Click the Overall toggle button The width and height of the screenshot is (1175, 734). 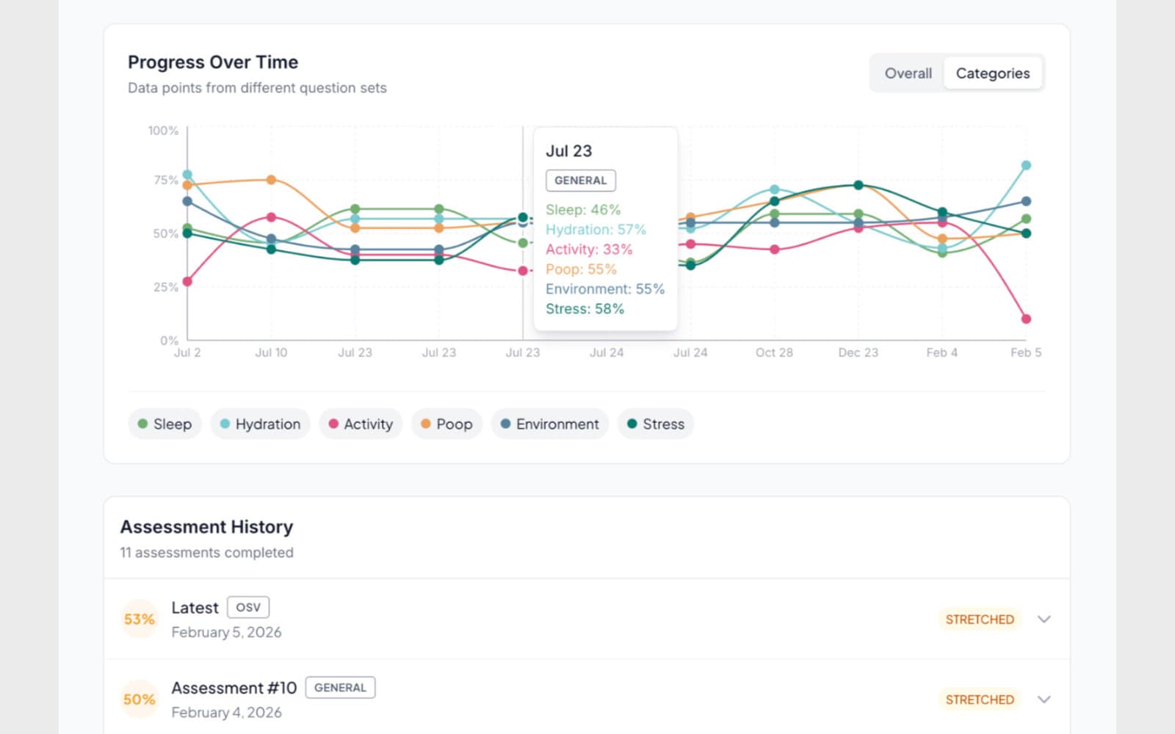[x=908, y=73]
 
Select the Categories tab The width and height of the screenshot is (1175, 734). [x=992, y=73]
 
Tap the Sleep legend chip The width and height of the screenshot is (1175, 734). [x=164, y=424]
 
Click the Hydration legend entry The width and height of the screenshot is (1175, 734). [x=260, y=424]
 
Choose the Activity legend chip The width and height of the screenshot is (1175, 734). [x=361, y=424]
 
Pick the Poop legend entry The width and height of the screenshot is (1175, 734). [x=446, y=424]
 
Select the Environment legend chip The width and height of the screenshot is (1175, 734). [x=549, y=424]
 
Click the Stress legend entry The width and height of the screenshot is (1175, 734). [x=655, y=424]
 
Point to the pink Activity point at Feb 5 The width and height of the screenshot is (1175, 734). [x=1026, y=319]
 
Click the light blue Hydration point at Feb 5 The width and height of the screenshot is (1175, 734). [x=1026, y=166]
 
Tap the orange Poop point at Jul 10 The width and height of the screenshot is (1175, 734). [x=271, y=180]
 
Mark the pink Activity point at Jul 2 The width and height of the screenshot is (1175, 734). [x=187, y=282]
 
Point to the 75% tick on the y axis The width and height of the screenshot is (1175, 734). [x=166, y=180]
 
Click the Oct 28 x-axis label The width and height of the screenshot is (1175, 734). [x=774, y=353]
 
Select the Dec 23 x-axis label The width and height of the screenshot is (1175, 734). [x=858, y=353]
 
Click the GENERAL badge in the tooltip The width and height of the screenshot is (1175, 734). [x=580, y=181]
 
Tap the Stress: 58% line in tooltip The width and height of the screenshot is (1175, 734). [x=585, y=309]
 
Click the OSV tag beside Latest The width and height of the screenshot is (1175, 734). [x=248, y=608]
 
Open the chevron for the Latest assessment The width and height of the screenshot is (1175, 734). [x=1044, y=619]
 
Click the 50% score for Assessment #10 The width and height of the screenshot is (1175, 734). [x=139, y=700]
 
